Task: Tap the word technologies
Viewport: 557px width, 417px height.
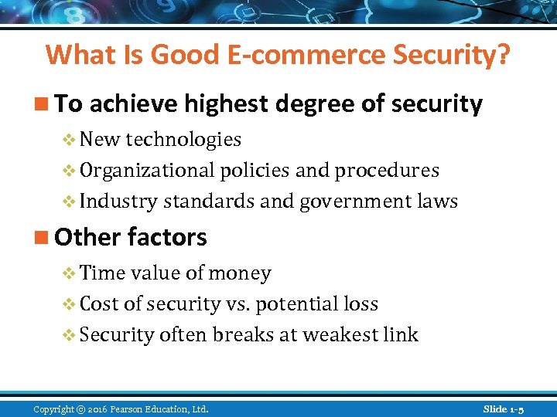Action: click(x=183, y=140)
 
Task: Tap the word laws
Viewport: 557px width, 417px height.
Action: click(x=437, y=202)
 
